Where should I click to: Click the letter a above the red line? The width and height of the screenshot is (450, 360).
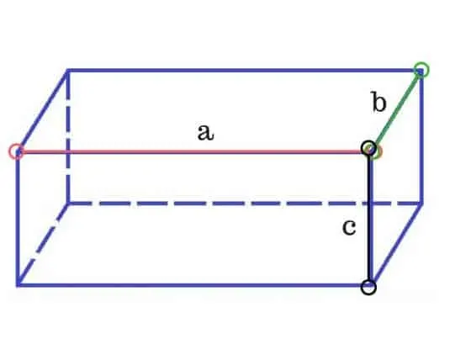tap(205, 132)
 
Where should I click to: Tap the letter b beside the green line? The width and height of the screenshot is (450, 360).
tap(379, 101)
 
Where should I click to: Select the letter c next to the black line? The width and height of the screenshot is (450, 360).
tap(349, 227)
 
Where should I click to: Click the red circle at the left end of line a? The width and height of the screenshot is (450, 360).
tap(16, 151)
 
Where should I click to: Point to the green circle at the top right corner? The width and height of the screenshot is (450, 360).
tap(421, 70)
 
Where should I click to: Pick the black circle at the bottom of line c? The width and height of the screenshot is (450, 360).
tap(368, 287)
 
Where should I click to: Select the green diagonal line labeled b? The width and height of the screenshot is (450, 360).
tap(396, 109)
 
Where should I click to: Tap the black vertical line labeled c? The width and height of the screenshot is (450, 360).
tap(368, 218)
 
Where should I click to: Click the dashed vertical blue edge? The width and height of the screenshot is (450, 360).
tap(68, 136)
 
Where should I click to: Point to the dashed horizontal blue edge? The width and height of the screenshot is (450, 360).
tap(245, 204)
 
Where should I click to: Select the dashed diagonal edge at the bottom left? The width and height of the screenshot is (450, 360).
tap(43, 244)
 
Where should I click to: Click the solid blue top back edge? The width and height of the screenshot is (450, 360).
tap(245, 71)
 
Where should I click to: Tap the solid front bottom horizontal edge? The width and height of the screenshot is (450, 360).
tap(193, 285)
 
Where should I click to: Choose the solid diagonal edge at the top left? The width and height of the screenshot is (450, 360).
tap(42, 111)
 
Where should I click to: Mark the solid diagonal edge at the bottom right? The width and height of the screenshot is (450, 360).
tap(396, 244)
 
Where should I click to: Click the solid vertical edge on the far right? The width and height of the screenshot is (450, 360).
tap(421, 136)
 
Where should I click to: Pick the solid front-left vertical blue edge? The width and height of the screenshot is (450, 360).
tap(18, 218)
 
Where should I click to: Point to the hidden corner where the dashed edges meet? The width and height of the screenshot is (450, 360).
tap(68, 204)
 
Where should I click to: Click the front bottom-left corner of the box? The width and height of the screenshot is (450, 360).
tap(18, 285)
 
